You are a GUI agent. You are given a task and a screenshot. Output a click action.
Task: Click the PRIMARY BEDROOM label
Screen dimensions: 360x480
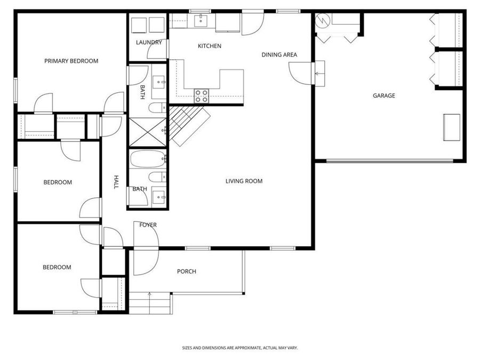coord(71,61)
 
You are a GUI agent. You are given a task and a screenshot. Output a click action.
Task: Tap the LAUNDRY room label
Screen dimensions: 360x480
coord(149,42)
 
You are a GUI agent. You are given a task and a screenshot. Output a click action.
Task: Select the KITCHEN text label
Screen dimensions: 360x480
coord(209,46)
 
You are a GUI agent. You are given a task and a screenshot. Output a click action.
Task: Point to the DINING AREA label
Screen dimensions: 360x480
coord(279,54)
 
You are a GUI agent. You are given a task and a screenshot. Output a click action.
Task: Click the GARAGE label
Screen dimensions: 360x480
coord(383,95)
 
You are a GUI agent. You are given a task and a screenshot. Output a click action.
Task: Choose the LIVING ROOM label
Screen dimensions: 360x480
coord(244,181)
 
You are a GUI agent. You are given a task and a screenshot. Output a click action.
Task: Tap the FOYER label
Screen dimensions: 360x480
coord(148,225)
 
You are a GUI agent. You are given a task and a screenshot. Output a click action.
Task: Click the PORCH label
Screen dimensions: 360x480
coord(186,271)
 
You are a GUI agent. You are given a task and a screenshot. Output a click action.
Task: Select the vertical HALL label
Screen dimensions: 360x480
coord(116,182)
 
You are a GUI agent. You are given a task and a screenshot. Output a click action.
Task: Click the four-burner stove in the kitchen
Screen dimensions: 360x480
coord(201,96)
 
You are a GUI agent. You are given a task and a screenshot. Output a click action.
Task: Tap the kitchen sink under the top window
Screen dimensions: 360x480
coord(201,20)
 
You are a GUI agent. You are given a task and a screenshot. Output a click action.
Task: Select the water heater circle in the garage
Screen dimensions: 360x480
coord(322,20)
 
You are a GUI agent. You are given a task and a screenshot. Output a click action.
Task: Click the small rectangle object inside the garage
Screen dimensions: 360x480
coord(452,127)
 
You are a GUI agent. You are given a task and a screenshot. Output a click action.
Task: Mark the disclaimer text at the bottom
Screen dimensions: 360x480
coord(240,348)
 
